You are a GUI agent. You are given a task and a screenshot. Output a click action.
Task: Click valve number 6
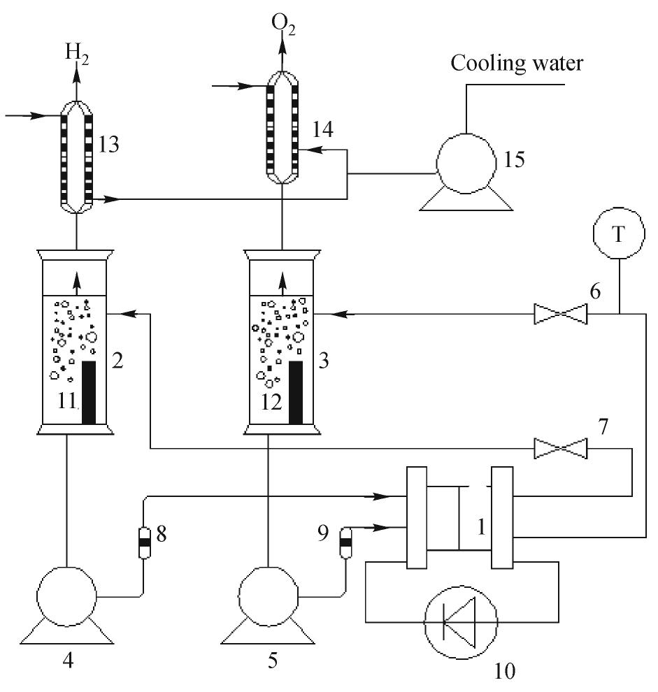pos(560,314)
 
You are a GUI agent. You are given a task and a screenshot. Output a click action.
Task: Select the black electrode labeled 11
pos(89,393)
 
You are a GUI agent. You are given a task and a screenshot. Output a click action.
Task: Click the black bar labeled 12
pos(296,393)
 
